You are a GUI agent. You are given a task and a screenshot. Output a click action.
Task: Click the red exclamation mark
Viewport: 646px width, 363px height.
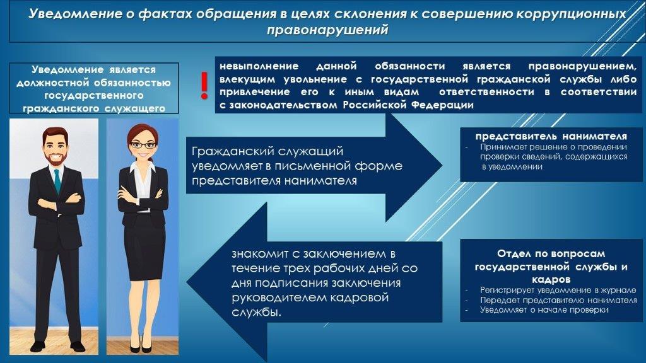[x=204, y=85]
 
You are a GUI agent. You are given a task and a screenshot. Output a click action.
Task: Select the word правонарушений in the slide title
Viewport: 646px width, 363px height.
[x=327, y=30]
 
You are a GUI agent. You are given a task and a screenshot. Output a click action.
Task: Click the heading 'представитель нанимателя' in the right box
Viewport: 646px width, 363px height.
[x=551, y=136]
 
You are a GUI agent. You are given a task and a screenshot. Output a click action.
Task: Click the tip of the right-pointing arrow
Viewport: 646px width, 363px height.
[x=442, y=166]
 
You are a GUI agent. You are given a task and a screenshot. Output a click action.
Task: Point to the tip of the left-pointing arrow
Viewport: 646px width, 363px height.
[x=187, y=282]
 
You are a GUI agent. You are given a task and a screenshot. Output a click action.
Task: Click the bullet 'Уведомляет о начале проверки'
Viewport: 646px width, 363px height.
[x=544, y=310]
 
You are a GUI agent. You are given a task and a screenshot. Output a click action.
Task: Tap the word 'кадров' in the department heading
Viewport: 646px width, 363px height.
[x=551, y=280]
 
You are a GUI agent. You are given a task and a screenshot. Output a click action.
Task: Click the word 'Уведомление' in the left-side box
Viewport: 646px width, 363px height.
[x=68, y=69]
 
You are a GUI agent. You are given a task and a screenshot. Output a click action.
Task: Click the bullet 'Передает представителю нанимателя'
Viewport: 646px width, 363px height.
[x=558, y=300]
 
